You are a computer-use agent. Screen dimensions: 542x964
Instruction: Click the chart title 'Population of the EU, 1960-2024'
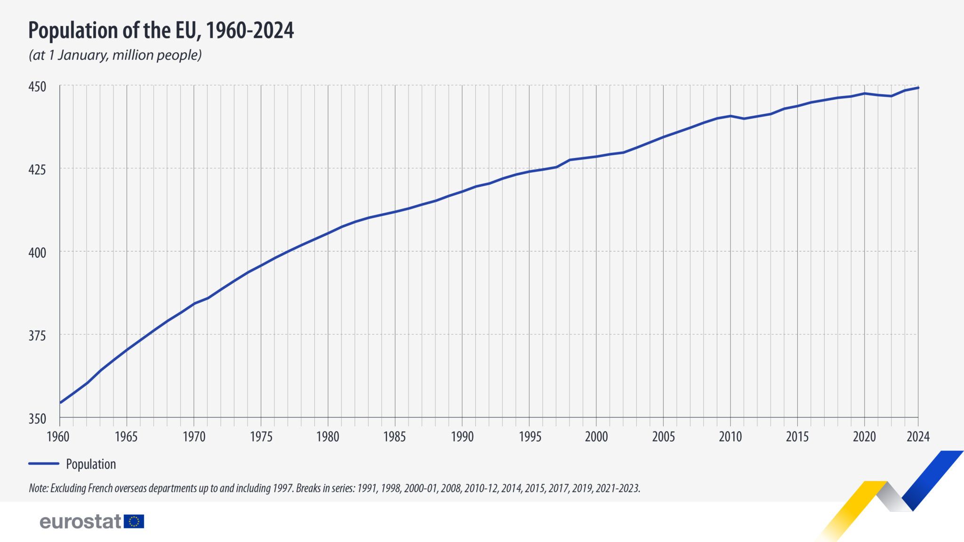pyautogui.click(x=161, y=31)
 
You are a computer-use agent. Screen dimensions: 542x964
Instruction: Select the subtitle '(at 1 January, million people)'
pyautogui.click(x=115, y=56)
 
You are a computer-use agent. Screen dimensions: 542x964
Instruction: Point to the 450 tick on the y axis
pyautogui.click(x=38, y=87)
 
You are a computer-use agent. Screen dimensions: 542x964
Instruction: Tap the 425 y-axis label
pyautogui.click(x=38, y=169)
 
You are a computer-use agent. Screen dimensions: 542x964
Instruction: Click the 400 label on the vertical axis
pyautogui.click(x=38, y=253)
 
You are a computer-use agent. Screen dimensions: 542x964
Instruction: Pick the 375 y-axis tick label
pyautogui.click(x=38, y=336)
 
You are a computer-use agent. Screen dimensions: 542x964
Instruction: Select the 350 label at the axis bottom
pyautogui.click(x=38, y=419)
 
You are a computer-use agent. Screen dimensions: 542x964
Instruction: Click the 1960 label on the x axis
pyautogui.click(x=58, y=437)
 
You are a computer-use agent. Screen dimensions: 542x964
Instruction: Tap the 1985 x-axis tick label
pyautogui.click(x=394, y=437)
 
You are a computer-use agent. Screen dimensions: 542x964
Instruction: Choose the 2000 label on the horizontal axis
pyautogui.click(x=596, y=437)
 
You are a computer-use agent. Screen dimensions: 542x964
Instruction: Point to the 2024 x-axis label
pyautogui.click(x=918, y=437)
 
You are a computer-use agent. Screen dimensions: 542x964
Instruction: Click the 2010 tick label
pyautogui.click(x=730, y=437)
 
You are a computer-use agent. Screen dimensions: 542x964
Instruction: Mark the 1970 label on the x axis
pyautogui.click(x=193, y=437)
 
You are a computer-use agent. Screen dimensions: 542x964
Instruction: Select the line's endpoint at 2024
pyautogui.click(x=918, y=88)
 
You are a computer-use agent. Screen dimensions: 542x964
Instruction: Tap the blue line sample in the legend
pyautogui.click(x=44, y=463)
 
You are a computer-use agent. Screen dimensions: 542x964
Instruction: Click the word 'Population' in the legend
pyautogui.click(x=91, y=464)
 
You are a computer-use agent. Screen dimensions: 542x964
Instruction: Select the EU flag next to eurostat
pyautogui.click(x=134, y=521)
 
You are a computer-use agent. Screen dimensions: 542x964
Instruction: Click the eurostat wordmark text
pyautogui.click(x=80, y=521)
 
